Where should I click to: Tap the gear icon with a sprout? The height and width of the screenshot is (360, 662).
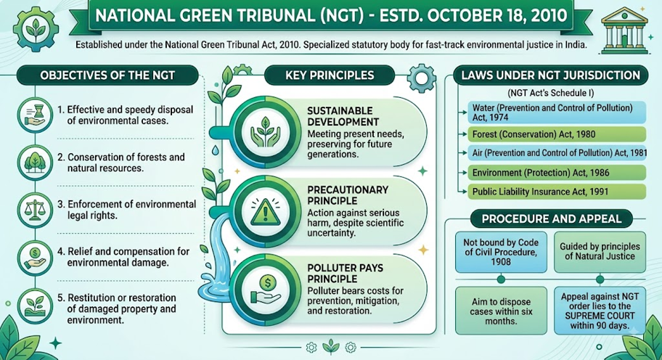click(36, 29)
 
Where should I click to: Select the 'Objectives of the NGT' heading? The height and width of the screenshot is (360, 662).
click(107, 75)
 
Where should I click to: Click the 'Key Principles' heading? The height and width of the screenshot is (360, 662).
click(330, 75)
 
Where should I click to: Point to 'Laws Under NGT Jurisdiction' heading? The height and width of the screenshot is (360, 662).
click(550, 75)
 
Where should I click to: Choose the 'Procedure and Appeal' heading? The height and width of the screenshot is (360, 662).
click(552, 219)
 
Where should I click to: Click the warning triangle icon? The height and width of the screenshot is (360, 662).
click(265, 211)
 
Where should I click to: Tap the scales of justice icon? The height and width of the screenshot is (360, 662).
click(35, 210)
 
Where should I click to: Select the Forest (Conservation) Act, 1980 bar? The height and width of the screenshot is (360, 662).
click(557, 134)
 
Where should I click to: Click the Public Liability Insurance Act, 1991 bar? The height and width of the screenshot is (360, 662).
click(557, 192)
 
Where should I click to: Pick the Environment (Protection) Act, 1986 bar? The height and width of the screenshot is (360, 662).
click(557, 173)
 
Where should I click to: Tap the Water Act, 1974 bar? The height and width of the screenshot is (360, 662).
click(557, 112)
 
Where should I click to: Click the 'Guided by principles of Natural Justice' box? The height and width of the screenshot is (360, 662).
click(600, 252)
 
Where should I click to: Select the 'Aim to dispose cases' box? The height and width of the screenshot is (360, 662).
click(501, 311)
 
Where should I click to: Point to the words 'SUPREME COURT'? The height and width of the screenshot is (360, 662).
click(600, 316)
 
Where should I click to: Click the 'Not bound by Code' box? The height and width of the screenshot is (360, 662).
click(501, 252)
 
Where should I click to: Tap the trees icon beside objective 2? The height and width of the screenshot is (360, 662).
click(35, 163)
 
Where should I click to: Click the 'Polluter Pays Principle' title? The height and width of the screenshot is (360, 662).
click(346, 274)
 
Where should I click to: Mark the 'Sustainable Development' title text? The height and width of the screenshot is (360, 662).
click(343, 116)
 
